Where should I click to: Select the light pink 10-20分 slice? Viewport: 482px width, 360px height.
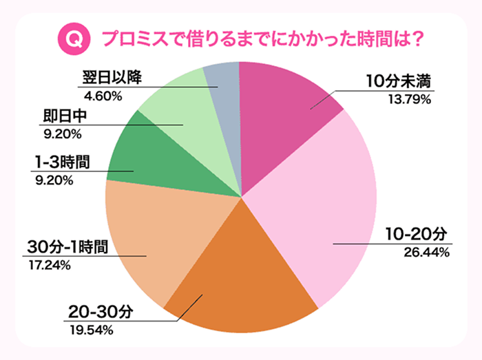[324, 207]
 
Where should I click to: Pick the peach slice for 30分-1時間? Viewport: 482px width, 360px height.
[158, 234]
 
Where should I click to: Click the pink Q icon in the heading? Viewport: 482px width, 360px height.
[78, 37]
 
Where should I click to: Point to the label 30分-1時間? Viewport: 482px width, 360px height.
[67, 248]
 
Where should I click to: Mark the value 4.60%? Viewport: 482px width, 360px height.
[100, 95]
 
